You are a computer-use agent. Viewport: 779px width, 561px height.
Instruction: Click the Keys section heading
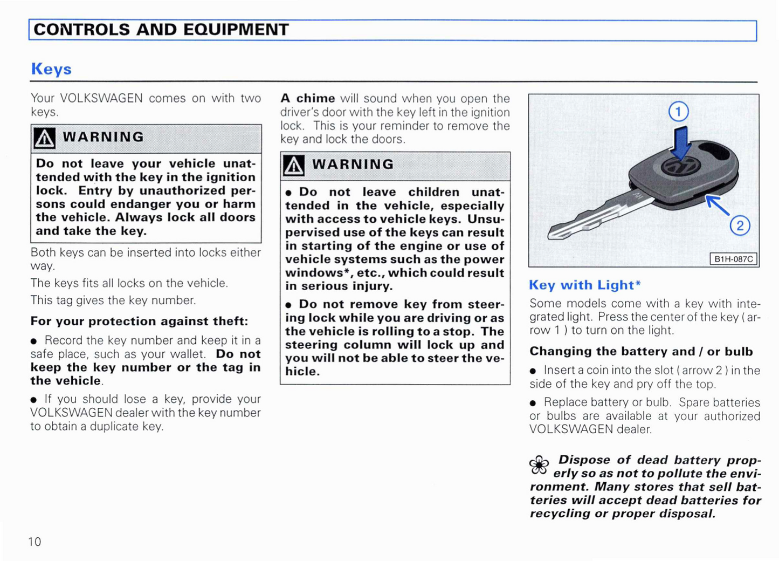(51, 69)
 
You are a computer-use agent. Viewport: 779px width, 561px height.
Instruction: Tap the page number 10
(35, 542)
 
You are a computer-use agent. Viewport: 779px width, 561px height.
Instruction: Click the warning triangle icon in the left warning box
(44, 138)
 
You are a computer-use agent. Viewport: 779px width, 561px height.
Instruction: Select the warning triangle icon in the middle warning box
(293, 166)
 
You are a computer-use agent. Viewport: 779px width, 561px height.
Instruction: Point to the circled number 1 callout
(678, 112)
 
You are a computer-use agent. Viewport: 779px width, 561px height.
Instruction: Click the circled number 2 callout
(740, 225)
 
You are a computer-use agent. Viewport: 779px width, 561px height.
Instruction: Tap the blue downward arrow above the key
(682, 143)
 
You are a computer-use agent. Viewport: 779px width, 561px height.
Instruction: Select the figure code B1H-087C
(733, 259)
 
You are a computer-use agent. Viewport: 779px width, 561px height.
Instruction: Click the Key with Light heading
(584, 285)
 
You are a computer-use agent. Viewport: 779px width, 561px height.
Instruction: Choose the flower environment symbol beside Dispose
(539, 465)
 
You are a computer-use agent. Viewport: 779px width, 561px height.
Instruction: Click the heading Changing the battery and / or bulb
(640, 352)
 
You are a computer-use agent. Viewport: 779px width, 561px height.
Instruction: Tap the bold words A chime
(308, 99)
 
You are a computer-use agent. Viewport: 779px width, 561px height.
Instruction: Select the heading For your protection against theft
(139, 321)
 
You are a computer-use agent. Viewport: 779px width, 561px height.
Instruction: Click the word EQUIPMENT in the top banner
(236, 30)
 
